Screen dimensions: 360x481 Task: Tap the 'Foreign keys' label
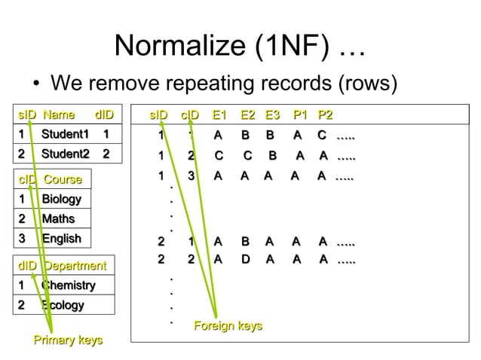228,325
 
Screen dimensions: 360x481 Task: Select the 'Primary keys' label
68,341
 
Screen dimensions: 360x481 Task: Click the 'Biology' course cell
61,200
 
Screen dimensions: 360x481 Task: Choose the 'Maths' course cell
58,219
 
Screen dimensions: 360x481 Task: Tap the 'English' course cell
61,239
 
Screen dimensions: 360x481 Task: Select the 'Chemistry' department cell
68,285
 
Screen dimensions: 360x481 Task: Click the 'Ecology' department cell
63,305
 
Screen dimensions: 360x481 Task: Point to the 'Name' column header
59,115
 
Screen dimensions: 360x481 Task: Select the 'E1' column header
219,115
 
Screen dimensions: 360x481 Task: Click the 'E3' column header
272,115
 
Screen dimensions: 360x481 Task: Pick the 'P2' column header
326,115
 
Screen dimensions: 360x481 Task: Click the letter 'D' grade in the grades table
245,260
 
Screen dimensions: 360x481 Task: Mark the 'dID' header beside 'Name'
104,115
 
